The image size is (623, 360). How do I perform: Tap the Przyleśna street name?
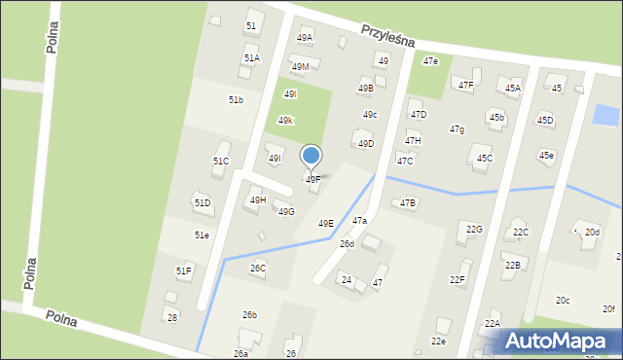pos(388,36)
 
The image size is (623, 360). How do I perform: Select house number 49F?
pos(313,180)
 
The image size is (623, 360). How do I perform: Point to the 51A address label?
pos(251,58)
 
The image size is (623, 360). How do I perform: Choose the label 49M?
pos(300,67)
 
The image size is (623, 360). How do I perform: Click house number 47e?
pos(430,61)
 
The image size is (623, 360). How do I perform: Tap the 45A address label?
pos(513,89)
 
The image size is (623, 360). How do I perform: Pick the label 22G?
pos(474,230)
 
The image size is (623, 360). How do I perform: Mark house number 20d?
pos(592,233)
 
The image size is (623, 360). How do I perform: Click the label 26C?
pos(258,269)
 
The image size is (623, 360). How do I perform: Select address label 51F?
pos(184,270)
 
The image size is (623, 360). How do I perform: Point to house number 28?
pos(172,318)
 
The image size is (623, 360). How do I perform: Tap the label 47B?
pos(408,203)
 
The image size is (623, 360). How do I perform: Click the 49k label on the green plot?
pos(285,121)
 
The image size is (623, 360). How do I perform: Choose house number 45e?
pos(547,156)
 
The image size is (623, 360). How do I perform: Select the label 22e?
pos(438,342)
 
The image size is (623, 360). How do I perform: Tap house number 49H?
pos(258,200)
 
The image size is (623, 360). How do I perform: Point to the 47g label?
pos(457,129)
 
